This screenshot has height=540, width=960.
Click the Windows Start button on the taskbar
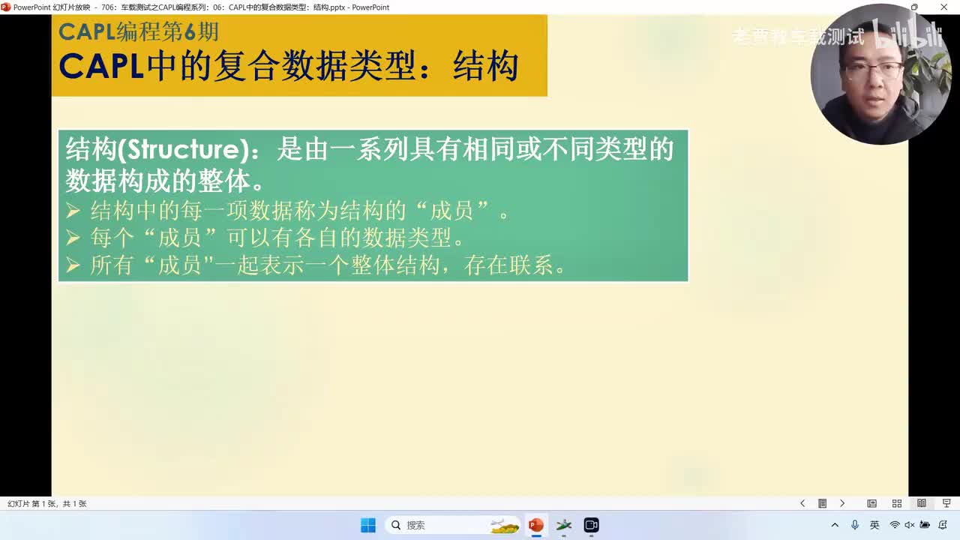coord(367,525)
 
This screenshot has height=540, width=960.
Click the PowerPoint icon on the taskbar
coord(535,525)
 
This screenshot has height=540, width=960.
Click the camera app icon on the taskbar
coord(591,525)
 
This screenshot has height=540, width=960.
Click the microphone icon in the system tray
coord(855,525)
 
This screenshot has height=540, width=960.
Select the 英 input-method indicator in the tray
coord(874,525)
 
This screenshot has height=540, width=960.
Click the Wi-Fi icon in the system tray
coord(894,525)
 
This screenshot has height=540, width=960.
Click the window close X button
coord(943,7)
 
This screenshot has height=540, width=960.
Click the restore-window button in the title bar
coord(913,7)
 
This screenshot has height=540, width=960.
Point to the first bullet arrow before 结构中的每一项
coord(73,211)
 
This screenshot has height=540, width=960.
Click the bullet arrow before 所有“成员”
coord(73,265)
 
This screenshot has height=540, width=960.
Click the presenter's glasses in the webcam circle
coord(873,72)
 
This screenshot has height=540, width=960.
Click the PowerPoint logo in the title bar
coord(6,7)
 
